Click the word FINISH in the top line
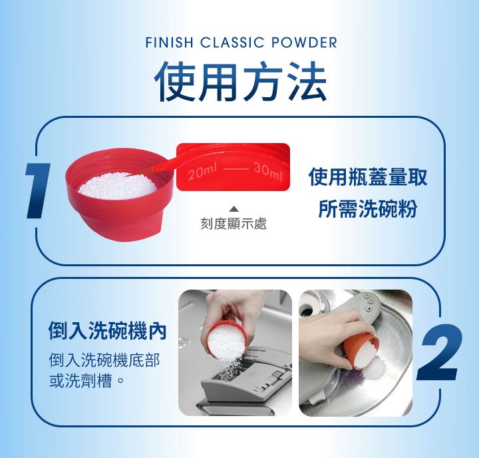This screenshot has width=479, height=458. pos(169,42)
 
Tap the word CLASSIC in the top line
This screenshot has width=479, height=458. pos(232,42)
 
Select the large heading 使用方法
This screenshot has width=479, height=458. pos(241,81)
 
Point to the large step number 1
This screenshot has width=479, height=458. pos(39,190)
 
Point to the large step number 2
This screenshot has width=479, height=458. pos(440,352)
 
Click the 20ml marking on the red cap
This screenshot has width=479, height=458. pos(202,172)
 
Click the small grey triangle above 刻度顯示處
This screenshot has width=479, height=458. pos(234,209)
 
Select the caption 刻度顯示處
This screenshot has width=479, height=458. pos(234,223)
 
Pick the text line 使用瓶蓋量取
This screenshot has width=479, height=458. pos(367,176)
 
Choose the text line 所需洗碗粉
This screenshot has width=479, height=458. pos(367,209)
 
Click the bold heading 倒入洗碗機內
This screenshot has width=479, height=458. pos(107,331)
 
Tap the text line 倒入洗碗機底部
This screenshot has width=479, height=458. pos(104,360)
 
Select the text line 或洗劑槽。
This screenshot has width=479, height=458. pos(86,381)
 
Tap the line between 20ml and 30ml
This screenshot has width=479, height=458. pos(235,169)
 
